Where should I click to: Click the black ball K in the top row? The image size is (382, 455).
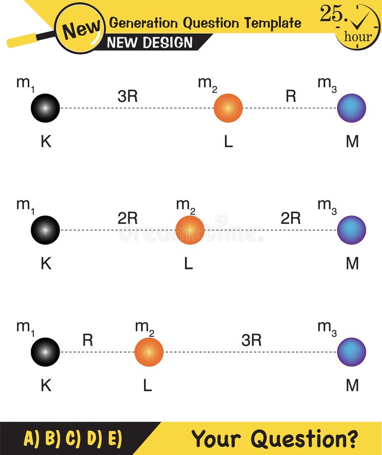(45, 108)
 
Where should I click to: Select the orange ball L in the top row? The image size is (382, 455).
(228, 108)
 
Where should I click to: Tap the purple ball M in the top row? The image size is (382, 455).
(352, 108)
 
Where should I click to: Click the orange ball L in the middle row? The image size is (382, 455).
(190, 230)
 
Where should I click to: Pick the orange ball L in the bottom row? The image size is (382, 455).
(149, 352)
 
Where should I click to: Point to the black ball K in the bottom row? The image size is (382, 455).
(45, 352)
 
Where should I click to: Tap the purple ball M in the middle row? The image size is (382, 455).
(352, 230)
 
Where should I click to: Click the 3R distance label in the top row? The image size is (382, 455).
(127, 96)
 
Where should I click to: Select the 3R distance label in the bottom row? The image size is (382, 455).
(251, 340)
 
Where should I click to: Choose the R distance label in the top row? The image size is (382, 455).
(291, 96)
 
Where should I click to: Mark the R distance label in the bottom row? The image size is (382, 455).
(87, 340)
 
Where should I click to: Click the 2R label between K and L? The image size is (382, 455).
(127, 218)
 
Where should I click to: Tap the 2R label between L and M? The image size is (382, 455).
(291, 218)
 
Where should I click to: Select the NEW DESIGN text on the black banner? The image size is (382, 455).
(150, 42)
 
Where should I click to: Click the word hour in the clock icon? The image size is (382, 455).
(358, 36)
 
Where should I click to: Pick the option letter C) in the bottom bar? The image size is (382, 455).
(73, 438)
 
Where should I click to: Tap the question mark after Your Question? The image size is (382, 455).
(352, 438)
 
